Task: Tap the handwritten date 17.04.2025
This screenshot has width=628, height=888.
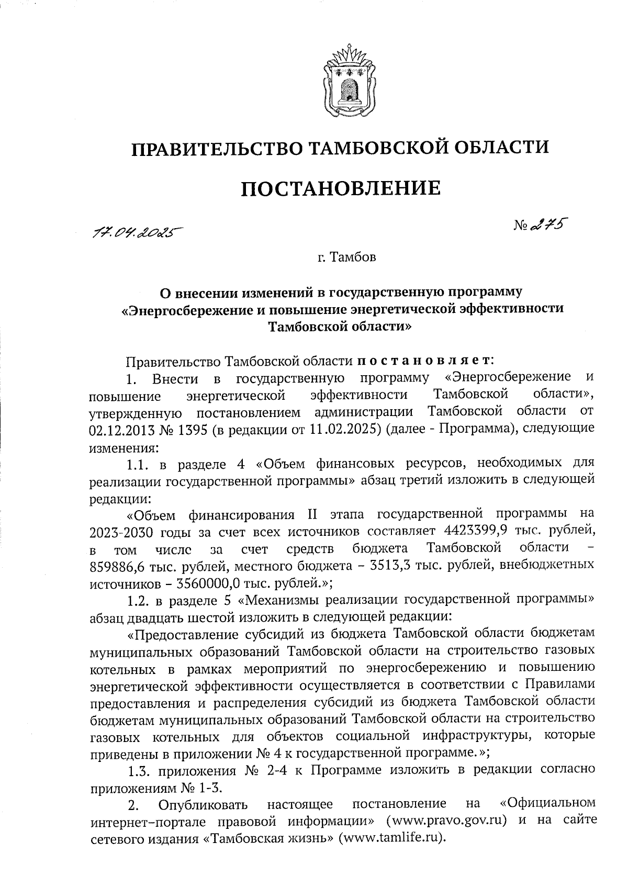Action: [x=133, y=231]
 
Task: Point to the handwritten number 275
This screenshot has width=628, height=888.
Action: [x=549, y=226]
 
